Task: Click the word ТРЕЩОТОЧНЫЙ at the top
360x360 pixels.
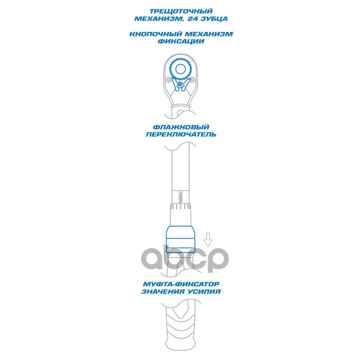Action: pyautogui.click(x=180, y=10)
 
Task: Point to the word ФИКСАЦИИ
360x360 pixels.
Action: pyautogui.click(x=180, y=41)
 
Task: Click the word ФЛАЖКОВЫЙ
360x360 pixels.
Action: pyautogui.click(x=180, y=127)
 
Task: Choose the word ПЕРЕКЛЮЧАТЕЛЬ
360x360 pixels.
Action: pyautogui.click(x=180, y=135)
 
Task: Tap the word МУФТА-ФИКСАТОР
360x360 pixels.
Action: pyautogui.click(x=180, y=284)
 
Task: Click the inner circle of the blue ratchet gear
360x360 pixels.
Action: pyautogui.click(x=180, y=69)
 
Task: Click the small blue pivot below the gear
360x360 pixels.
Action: pyautogui.click(x=180, y=85)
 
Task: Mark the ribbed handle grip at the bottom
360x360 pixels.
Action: pyautogui.click(x=180, y=326)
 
